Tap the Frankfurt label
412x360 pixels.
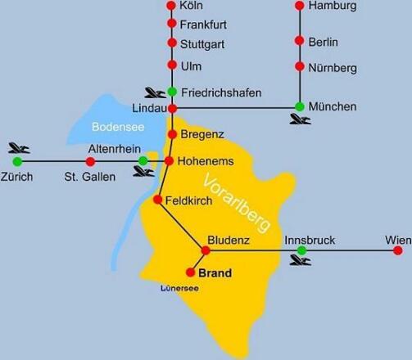pos(201,25)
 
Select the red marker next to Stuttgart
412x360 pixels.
pos(172,43)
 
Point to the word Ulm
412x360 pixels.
pos(189,66)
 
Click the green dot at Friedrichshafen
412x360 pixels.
pos(172,91)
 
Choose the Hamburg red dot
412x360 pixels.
pos(299,7)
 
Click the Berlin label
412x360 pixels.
pos(323,43)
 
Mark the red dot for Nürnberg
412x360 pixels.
pos(299,68)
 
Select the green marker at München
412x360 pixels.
pos(299,106)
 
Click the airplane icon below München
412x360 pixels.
pos(300,120)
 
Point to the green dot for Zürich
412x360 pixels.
pos(17,161)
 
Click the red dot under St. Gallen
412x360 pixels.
pos(90,161)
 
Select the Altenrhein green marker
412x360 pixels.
pos(143,160)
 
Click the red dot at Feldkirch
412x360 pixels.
pos(157,200)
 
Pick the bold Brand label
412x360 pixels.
pos(215,273)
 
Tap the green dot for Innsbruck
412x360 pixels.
pos(301,250)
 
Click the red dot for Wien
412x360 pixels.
pos(398,250)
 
